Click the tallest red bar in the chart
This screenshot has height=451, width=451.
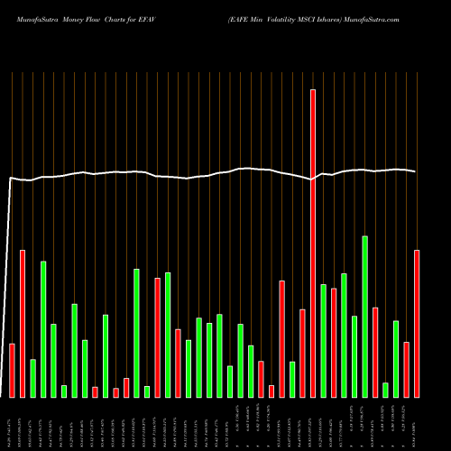[x=313, y=244]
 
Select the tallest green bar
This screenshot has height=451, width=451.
[x=365, y=317]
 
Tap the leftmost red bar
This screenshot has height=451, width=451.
[x=13, y=370]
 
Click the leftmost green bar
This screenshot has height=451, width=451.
[x=33, y=378]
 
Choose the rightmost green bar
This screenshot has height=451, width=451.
[x=396, y=358]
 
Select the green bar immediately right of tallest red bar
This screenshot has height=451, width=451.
[x=323, y=340]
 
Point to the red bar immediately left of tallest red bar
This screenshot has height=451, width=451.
[x=302, y=353]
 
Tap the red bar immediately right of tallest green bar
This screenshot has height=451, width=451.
[x=375, y=352]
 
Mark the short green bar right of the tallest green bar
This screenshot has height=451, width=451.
[x=385, y=390]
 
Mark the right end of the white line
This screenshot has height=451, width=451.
[x=416, y=171]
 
